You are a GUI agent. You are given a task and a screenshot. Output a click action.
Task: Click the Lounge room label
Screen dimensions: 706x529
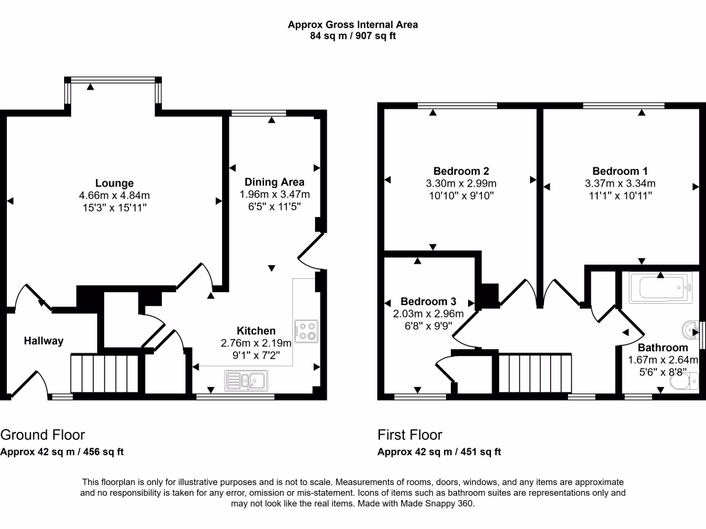pyautogui.click(x=114, y=183)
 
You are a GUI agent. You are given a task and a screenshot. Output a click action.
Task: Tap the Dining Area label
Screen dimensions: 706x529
pyautogui.click(x=274, y=182)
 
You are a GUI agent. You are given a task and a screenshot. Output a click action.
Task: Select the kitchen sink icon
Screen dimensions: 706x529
pyautogui.click(x=246, y=380)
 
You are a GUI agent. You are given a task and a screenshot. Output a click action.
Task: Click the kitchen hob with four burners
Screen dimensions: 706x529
pyautogui.click(x=306, y=331)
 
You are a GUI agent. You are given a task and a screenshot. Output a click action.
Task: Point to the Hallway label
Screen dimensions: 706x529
pyautogui.click(x=43, y=341)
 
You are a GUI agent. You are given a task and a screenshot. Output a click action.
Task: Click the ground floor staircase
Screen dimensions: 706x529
pyautogui.click(x=105, y=374)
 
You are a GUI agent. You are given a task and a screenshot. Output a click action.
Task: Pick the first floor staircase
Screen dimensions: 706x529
pyautogui.click(x=535, y=373)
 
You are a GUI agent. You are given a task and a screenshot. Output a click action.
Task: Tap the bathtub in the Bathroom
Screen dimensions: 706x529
pyautogui.click(x=660, y=287)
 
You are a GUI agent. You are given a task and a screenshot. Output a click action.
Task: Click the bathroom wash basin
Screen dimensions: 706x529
pyautogui.click(x=690, y=330)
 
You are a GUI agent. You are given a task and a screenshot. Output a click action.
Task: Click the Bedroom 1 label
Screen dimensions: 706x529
pyautogui.click(x=620, y=172)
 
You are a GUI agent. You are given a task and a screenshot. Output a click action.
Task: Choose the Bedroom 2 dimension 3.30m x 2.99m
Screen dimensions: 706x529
pyautogui.click(x=461, y=183)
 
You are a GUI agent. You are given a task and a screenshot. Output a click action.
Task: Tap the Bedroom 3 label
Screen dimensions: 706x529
pyautogui.click(x=428, y=302)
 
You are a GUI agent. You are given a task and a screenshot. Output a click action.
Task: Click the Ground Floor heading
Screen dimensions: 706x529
pyautogui.click(x=42, y=435)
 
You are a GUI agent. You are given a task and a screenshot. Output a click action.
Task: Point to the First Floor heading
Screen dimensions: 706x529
pyautogui.click(x=410, y=435)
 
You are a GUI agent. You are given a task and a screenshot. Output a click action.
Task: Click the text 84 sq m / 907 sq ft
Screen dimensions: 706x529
pyautogui.click(x=352, y=36)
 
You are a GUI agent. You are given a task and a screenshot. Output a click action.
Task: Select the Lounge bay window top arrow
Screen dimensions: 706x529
pyautogui.click(x=90, y=87)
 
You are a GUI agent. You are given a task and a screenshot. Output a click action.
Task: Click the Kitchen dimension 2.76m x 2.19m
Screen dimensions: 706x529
pyautogui.click(x=256, y=343)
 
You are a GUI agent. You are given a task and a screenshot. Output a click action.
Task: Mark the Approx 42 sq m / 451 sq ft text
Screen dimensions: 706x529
pyautogui.click(x=439, y=452)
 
